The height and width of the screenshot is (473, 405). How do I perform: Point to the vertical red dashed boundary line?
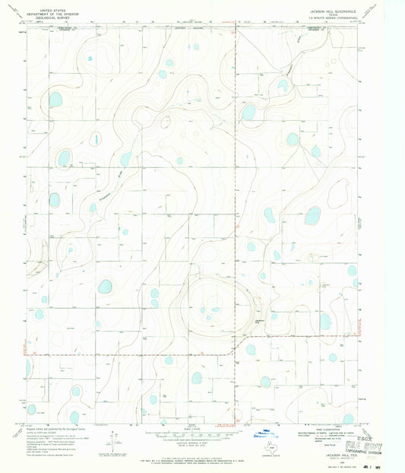pyautogui.click(x=235, y=190)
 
